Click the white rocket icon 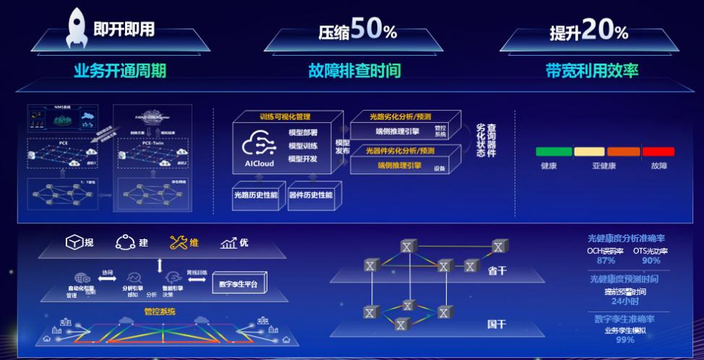(x=77, y=27)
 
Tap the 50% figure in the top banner (x=374, y=30)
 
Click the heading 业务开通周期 (x=120, y=71)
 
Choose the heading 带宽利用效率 (x=592, y=71)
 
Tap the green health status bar (x=553, y=152)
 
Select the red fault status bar (x=658, y=152)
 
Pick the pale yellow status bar (x=588, y=152)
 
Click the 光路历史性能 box (x=255, y=195)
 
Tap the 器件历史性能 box (x=311, y=195)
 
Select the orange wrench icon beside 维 (x=178, y=243)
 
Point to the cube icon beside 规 (x=74, y=243)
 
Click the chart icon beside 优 (x=229, y=243)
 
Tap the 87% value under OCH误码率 (x=606, y=261)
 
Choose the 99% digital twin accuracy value (x=625, y=340)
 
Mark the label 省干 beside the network (x=497, y=271)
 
